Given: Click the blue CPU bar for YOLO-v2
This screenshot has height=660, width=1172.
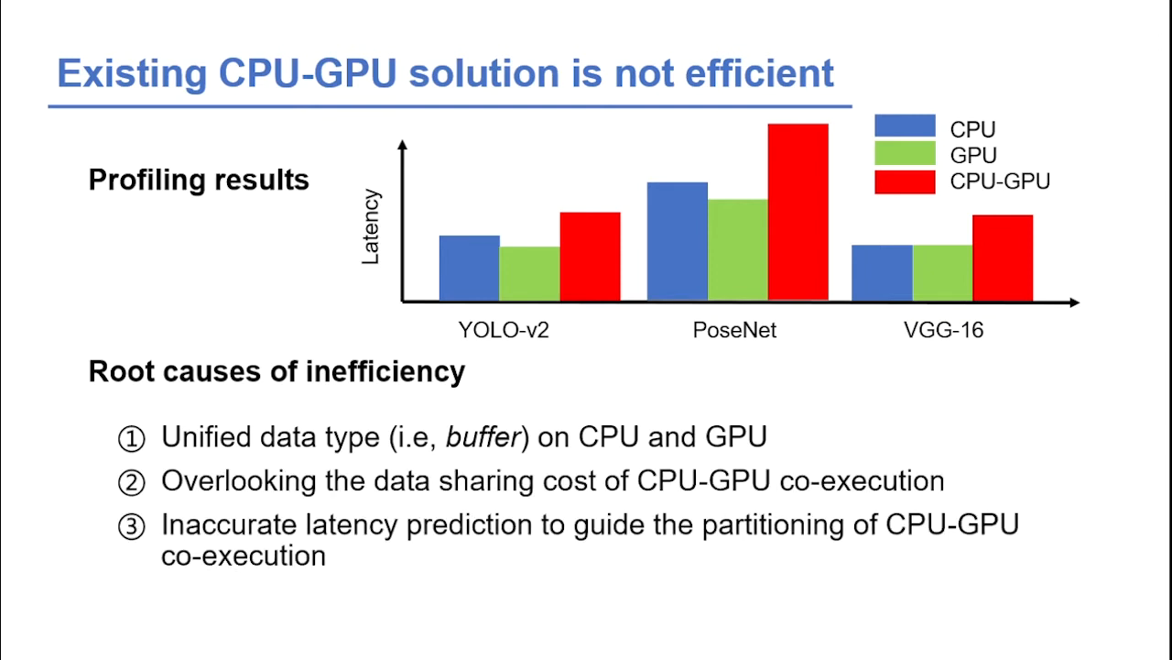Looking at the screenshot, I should pyautogui.click(x=469, y=268).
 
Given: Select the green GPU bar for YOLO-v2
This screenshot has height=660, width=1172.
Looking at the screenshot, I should pyautogui.click(x=529, y=273).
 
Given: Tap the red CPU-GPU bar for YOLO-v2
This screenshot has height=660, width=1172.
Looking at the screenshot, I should pyautogui.click(x=590, y=257).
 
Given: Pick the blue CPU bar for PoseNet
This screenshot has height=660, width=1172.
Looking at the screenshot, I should pyautogui.click(x=677, y=241).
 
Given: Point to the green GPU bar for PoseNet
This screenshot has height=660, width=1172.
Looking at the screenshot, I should pyautogui.click(x=737, y=249).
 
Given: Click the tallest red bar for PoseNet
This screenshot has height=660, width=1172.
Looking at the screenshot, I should pyautogui.click(x=798, y=212).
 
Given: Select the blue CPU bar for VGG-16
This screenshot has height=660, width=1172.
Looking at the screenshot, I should pyautogui.click(x=882, y=272).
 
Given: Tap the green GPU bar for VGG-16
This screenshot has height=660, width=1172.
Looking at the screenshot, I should pyautogui.click(x=942, y=272).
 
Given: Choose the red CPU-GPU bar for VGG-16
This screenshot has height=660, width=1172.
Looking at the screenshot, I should pyautogui.click(x=1003, y=258).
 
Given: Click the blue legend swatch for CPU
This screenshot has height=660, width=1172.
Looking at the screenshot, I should pyautogui.click(x=905, y=126).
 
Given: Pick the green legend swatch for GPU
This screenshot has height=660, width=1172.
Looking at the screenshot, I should pyautogui.click(x=905, y=153).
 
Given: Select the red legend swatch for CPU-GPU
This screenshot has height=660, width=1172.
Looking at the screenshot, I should pyautogui.click(x=905, y=181).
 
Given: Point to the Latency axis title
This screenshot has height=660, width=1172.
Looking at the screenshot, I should pyautogui.click(x=371, y=226).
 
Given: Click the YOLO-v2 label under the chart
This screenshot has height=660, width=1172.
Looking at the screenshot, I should pyautogui.click(x=504, y=330).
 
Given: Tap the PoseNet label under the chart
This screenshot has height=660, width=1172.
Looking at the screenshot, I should pyautogui.click(x=734, y=330).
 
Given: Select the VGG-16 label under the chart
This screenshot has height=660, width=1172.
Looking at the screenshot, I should pyautogui.click(x=943, y=330).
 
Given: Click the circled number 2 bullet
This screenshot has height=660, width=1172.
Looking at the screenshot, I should pyautogui.click(x=132, y=482).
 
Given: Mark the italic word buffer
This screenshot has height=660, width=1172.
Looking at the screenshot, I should pyautogui.click(x=483, y=437).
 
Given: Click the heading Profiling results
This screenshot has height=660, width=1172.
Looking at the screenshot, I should pyautogui.click(x=199, y=180).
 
